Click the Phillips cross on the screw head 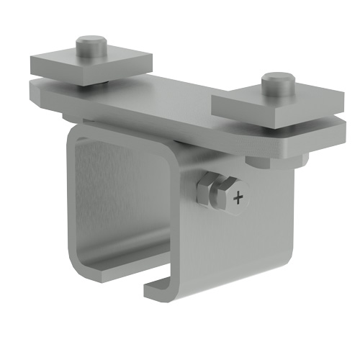point(239,196)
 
